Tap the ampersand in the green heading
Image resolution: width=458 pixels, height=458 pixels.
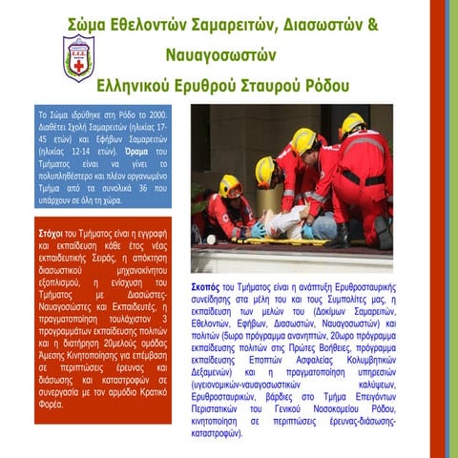click(387, 22)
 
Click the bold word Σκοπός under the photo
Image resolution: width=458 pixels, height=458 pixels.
click(205, 286)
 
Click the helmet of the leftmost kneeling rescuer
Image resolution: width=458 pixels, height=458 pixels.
click(230, 184)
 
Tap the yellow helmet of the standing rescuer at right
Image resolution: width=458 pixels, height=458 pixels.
click(352, 123)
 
